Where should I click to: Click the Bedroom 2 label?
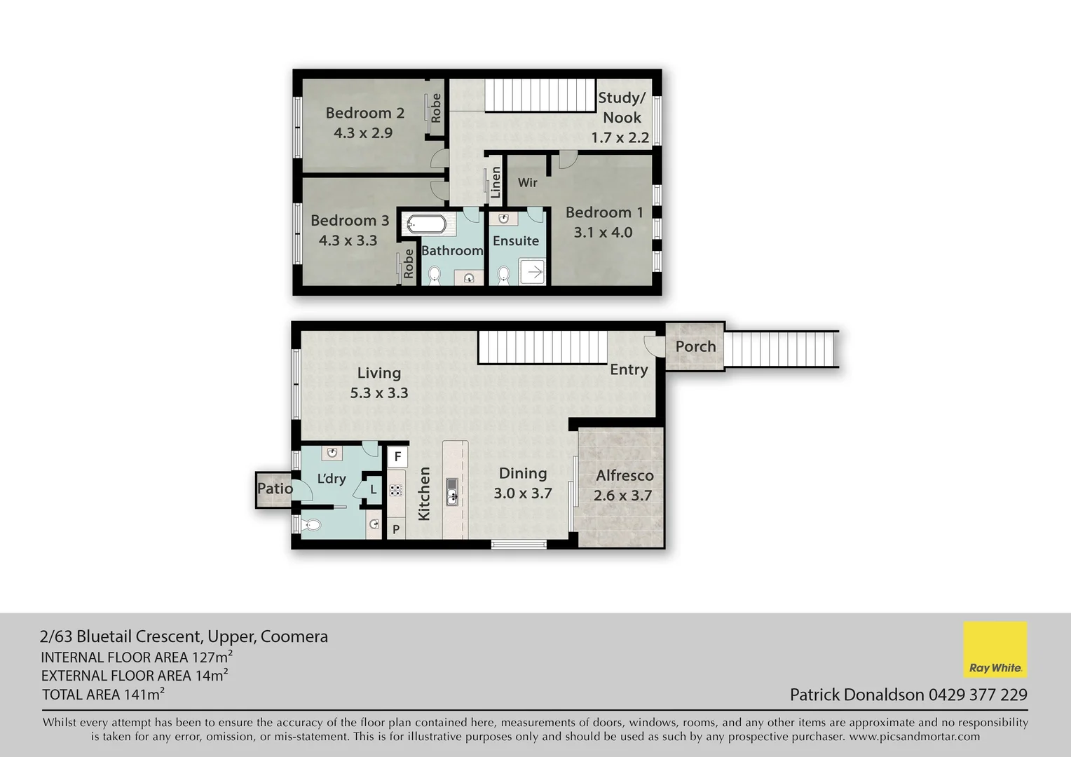(364, 113)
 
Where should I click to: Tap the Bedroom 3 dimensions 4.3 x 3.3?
(348, 240)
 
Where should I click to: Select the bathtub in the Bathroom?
(426, 224)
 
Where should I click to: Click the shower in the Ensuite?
(534, 271)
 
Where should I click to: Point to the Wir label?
(527, 182)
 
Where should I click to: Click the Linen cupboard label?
(496, 182)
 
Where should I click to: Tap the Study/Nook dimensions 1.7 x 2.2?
(620, 137)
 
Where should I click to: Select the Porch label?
(695, 346)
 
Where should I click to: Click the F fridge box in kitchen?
(397, 457)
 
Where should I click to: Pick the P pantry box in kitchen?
(396, 529)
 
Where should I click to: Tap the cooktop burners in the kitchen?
(396, 489)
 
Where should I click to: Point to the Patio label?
(274, 488)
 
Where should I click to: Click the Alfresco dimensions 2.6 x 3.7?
(622, 496)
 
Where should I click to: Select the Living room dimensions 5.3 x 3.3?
(378, 393)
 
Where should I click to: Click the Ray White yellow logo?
(995, 649)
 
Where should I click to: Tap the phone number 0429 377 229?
(978, 695)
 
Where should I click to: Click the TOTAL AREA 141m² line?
(103, 695)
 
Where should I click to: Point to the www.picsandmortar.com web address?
(914, 737)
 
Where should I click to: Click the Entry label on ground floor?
(628, 369)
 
